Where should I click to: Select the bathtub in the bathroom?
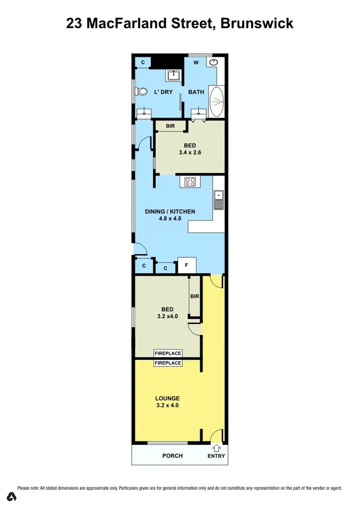pyautogui.click(x=217, y=101)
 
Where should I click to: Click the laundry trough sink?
pyautogui.click(x=173, y=75)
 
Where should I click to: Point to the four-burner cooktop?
pyautogui.click(x=190, y=182)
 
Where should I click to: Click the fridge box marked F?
pyautogui.click(x=187, y=265)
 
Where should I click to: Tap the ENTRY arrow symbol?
pyautogui.click(x=216, y=448)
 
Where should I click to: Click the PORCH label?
pyautogui.click(x=172, y=456)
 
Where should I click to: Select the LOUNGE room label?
pyautogui.click(x=167, y=398)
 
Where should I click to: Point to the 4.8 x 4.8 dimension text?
pyautogui.click(x=170, y=219)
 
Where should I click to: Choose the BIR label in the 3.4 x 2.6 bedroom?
pyautogui.click(x=170, y=126)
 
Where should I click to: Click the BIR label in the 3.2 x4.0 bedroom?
pyautogui.click(x=194, y=296)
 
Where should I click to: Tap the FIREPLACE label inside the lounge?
pyautogui.click(x=168, y=363)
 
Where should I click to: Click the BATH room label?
pyautogui.click(x=196, y=92)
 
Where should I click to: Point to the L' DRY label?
pyautogui.click(x=163, y=92)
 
